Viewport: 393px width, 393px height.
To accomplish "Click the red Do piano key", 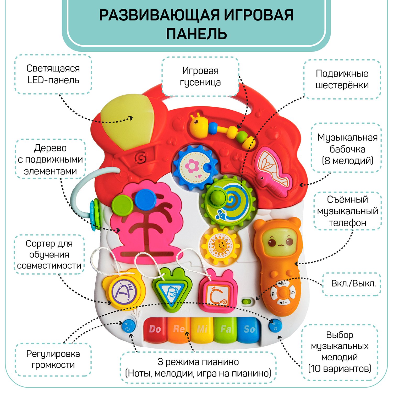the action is pyautogui.click(x=155, y=330).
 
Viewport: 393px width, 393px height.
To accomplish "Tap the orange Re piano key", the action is pyautogui.click(x=179, y=330).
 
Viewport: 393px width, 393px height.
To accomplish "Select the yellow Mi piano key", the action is pyautogui.click(x=202, y=330).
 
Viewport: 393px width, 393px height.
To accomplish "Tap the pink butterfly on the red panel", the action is pyautogui.click(x=272, y=170).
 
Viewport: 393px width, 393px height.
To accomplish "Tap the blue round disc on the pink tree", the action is pyautogui.click(x=145, y=199).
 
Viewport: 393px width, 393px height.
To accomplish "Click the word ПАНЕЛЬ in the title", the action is pyautogui.click(x=196, y=34).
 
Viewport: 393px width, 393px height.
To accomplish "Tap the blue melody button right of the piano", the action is pyautogui.click(x=275, y=326).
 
